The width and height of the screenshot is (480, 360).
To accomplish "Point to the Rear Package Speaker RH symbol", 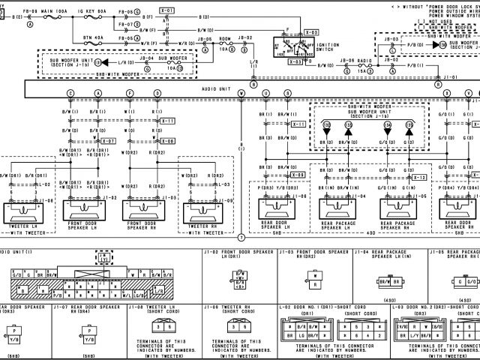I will tap(397, 209).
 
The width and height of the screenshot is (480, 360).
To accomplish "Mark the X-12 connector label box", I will tap(420, 177).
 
